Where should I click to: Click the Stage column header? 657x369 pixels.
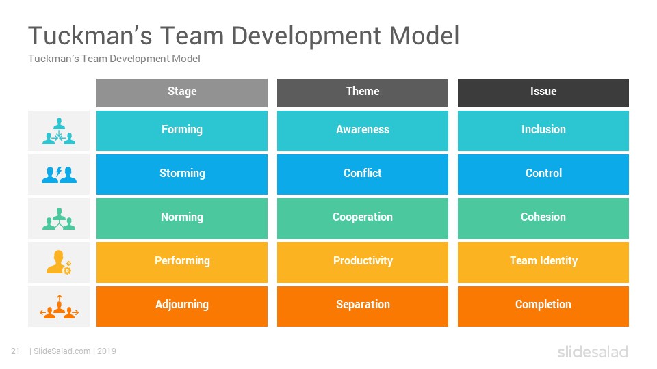tap(182, 92)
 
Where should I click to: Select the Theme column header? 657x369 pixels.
tap(363, 92)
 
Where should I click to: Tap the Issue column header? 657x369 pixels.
tap(543, 92)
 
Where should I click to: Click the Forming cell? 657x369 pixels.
tap(182, 131)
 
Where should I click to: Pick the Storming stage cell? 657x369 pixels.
tap(182, 174)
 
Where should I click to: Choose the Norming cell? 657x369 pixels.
tap(182, 219)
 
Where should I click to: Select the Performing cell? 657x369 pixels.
tap(182, 262)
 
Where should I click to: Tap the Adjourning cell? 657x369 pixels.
tap(182, 306)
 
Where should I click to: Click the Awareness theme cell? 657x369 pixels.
tap(363, 131)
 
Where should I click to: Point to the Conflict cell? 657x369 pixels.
tap(363, 174)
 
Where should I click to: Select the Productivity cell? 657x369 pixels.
tap(363, 262)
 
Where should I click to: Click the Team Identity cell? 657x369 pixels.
tap(543, 262)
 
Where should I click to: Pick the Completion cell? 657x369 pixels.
tap(543, 306)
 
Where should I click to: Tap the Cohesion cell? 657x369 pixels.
tap(543, 219)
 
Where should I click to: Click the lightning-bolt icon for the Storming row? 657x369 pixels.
tap(59, 174)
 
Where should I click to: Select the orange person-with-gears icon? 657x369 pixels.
tap(59, 262)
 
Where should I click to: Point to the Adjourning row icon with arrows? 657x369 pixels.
tap(59, 307)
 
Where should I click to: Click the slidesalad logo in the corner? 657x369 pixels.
tap(593, 351)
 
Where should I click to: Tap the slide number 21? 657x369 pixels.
tap(16, 351)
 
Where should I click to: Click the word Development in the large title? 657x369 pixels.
tap(306, 36)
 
